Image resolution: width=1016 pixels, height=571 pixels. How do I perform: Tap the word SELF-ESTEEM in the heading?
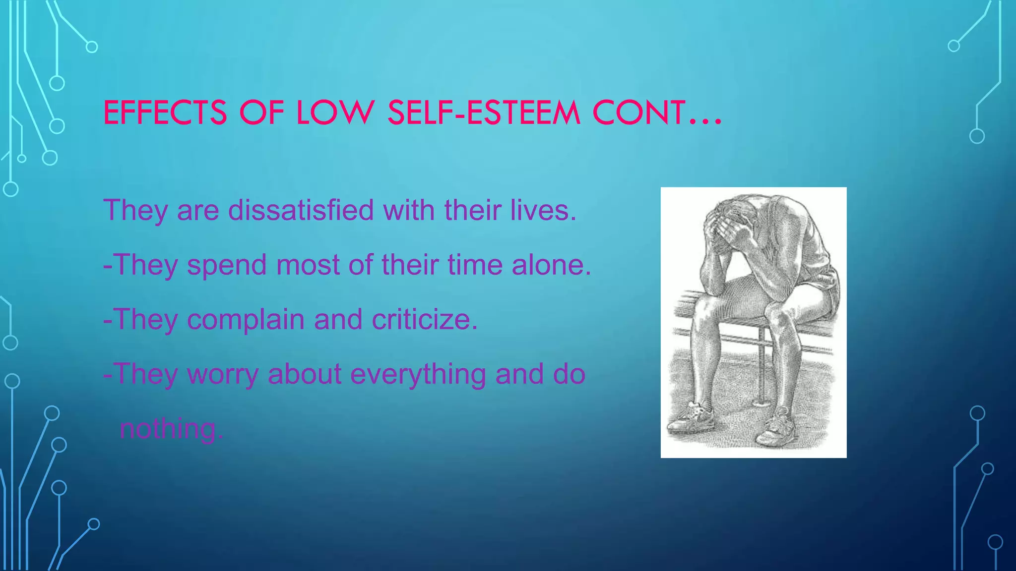click(x=484, y=113)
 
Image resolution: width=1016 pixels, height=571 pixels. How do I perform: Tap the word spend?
click(x=227, y=265)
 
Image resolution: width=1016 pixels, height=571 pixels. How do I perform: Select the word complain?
click(x=245, y=320)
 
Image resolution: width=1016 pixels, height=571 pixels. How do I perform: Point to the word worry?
click(x=223, y=374)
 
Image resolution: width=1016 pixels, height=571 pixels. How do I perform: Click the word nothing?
click(x=171, y=428)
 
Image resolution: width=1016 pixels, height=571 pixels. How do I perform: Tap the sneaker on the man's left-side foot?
click(x=692, y=419)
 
